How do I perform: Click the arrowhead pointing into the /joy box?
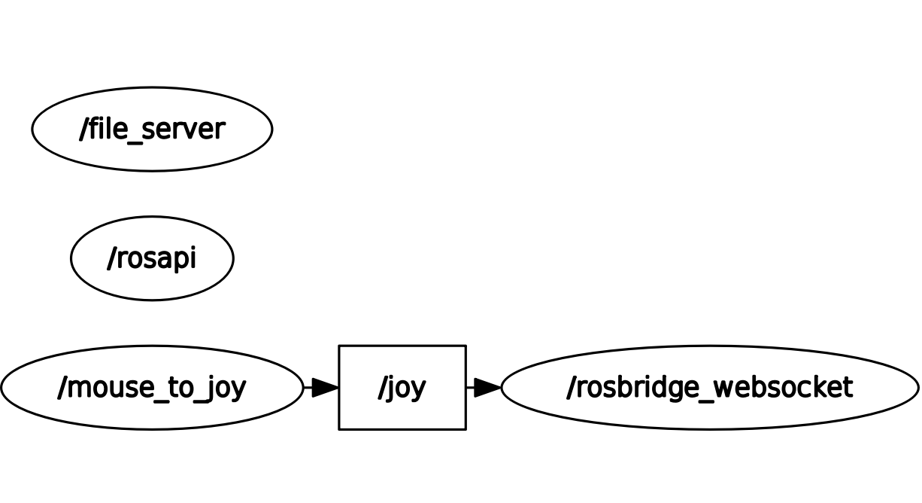[325, 388]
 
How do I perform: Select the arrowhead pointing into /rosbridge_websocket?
[487, 388]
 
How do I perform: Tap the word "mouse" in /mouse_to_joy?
[102, 388]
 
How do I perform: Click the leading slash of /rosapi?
[111, 258]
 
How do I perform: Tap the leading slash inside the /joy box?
[381, 388]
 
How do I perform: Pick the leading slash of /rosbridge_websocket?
[571, 387]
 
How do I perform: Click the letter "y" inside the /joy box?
[419, 389]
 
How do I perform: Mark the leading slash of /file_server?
[83, 129]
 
